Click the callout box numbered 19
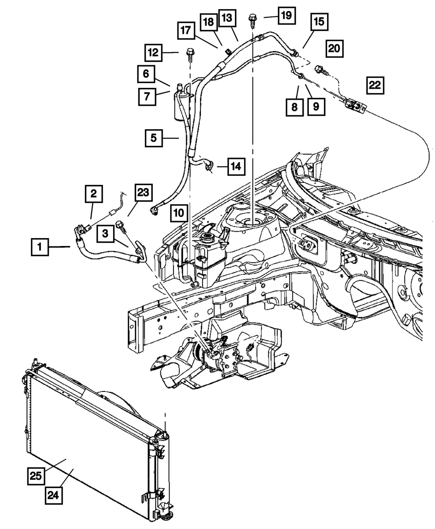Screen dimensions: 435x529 tap(287, 16)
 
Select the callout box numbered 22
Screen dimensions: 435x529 tap(375, 85)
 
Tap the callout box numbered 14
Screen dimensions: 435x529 tap(236, 166)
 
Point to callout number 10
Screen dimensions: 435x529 tap(179, 213)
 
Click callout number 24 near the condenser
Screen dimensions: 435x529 tap(54, 495)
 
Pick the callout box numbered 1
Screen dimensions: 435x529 tap(40, 247)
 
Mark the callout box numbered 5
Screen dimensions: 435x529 tap(154, 138)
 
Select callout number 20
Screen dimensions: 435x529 tap(335, 48)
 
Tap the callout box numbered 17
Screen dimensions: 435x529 tap(186, 30)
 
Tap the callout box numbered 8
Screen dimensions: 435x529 tap(294, 107)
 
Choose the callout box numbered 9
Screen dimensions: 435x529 tap(317, 107)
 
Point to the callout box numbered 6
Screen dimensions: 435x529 tap(146, 74)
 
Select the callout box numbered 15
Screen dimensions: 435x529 tap(319, 22)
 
